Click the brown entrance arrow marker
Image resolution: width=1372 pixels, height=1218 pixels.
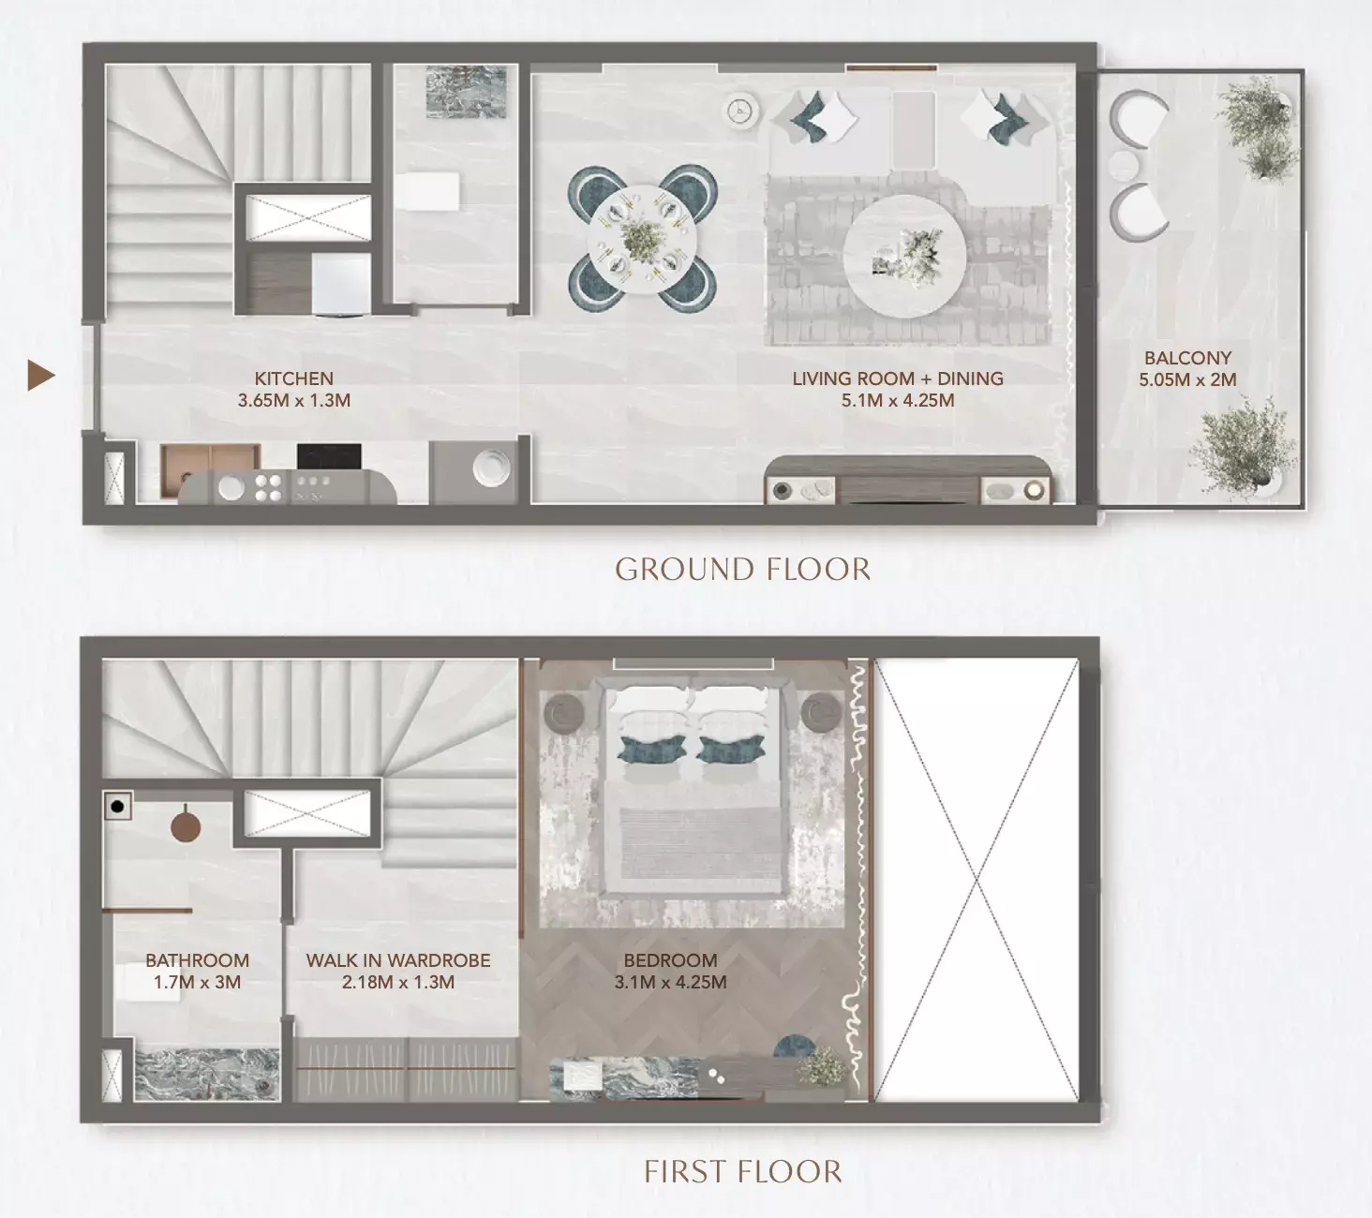coord(40,376)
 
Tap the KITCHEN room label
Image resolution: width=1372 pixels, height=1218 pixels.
coord(293,379)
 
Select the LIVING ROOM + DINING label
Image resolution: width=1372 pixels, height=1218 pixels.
coord(897,379)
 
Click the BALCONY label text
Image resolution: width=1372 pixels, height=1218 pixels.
coord(1187,358)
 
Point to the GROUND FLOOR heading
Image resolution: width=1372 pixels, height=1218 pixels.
coord(742,570)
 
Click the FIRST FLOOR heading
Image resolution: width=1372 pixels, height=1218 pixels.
coord(742,1172)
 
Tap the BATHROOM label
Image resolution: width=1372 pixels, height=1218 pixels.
coord(197,960)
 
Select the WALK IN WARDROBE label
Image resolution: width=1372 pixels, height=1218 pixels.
coord(398,960)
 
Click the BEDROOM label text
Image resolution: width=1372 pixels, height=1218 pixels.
coord(670,960)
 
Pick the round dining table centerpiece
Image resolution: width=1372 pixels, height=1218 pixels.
coord(642,239)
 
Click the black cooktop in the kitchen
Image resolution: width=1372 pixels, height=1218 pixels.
coord(329,456)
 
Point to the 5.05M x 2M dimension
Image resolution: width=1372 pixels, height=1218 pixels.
coord(1187,380)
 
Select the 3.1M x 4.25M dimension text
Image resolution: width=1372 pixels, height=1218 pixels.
coord(670,983)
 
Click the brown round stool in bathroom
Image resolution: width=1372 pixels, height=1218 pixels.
coord(186,827)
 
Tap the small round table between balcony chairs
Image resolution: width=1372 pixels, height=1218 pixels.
coord(1124,166)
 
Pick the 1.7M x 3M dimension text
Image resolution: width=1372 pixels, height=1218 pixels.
coord(197,983)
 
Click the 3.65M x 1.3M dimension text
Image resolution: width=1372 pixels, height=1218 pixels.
coord(293,401)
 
